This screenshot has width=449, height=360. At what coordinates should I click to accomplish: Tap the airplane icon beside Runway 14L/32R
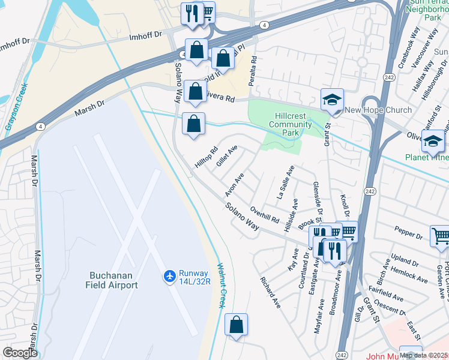pos(170,275)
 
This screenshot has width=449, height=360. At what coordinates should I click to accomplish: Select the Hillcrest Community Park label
pos(290,120)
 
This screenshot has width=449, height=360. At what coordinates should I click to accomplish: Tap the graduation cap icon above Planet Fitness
pos(433,142)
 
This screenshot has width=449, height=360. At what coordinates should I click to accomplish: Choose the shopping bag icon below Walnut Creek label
pos(237,326)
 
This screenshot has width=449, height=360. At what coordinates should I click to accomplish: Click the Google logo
pos(20,353)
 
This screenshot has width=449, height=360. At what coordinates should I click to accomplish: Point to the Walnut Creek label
pos(220,286)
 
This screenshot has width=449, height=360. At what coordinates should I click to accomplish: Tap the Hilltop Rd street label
pos(205,158)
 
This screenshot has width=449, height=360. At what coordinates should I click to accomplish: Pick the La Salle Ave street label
pos(285,183)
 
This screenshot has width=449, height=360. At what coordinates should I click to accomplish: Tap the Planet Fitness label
pos(425,157)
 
